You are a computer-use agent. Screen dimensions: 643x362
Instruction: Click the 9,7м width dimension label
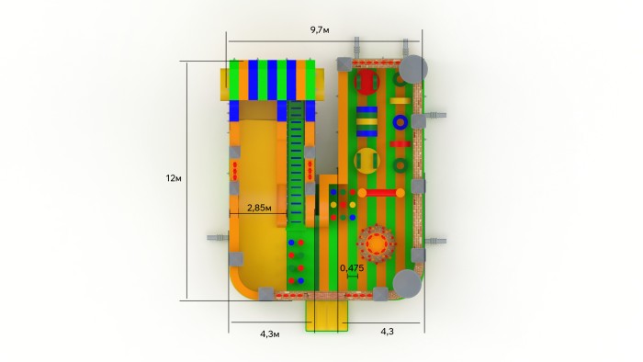pyautogui.click(x=320, y=30)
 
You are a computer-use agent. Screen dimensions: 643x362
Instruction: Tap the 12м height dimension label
pyautogui.click(x=174, y=178)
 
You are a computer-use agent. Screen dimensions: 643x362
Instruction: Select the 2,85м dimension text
pyautogui.click(x=259, y=208)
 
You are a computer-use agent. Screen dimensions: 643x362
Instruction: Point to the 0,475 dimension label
pyautogui.click(x=352, y=268)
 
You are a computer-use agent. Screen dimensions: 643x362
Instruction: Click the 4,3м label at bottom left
pyautogui.click(x=270, y=334)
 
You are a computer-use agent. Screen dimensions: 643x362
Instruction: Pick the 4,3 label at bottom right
pyautogui.click(x=387, y=332)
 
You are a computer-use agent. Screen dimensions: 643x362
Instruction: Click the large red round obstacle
pyautogui.click(x=367, y=82)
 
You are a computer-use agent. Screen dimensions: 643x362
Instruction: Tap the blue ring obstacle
pyautogui.click(x=400, y=122)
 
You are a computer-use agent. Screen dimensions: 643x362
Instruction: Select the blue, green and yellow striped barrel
pyautogui.click(x=367, y=121)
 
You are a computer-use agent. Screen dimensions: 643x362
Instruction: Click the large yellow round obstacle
pyautogui.click(x=367, y=161)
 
